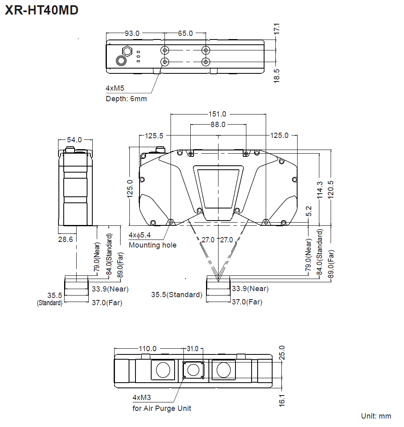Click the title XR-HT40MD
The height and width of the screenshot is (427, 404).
(x=42, y=10)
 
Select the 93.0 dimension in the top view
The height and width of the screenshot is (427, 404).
(x=132, y=33)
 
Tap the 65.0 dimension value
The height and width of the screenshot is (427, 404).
(x=185, y=33)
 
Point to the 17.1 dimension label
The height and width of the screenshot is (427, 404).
(x=277, y=29)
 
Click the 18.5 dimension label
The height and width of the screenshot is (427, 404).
(x=277, y=76)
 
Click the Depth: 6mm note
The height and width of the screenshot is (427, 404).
(x=126, y=99)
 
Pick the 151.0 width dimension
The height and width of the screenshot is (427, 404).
(x=218, y=114)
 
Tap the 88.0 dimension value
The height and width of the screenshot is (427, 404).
(x=218, y=125)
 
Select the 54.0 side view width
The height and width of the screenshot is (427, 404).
(x=74, y=140)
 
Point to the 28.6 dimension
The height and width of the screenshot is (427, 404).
(x=65, y=240)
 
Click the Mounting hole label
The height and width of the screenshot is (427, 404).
(x=152, y=245)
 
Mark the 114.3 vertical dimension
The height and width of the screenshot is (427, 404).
(x=320, y=190)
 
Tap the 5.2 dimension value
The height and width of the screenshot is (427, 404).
(x=308, y=211)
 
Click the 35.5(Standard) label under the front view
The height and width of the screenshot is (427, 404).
(x=177, y=295)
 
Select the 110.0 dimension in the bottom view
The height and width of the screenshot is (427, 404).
(x=148, y=349)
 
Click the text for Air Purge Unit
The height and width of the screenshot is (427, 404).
(x=162, y=408)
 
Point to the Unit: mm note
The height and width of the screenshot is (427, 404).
(x=376, y=416)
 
